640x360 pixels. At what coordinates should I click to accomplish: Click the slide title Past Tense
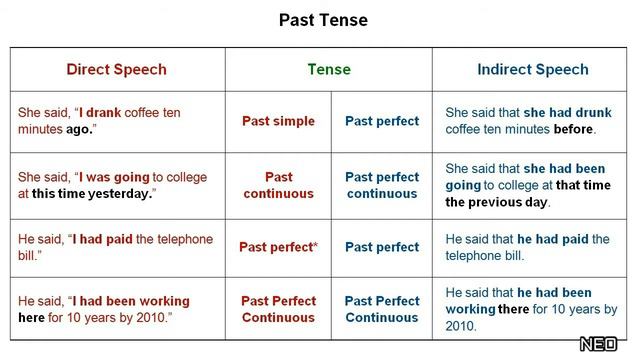[x=323, y=20]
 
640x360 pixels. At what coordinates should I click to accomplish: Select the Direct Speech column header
[x=116, y=69]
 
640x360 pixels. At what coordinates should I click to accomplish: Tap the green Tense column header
[x=329, y=69]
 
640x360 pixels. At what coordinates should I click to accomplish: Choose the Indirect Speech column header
[x=533, y=69]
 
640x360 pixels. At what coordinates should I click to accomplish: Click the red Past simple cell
[x=278, y=121]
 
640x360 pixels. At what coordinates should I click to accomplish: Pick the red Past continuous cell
[x=278, y=185]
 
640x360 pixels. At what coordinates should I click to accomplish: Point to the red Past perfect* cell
[x=278, y=247]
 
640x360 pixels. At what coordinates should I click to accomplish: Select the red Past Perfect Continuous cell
[x=278, y=309]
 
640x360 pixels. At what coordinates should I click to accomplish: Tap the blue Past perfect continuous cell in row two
[x=382, y=185]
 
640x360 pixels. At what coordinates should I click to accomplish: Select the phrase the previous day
[x=497, y=202]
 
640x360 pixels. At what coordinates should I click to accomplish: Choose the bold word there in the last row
[x=517, y=309]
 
